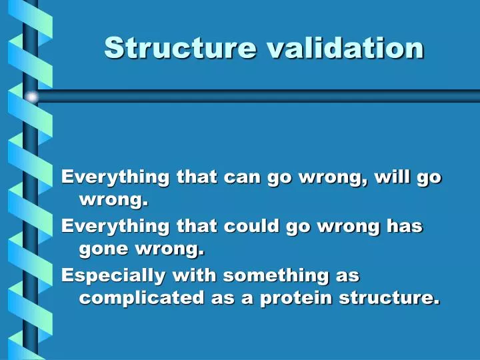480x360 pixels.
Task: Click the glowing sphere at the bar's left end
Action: (x=32, y=97)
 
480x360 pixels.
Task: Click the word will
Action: (x=393, y=177)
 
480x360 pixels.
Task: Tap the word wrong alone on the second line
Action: (x=113, y=199)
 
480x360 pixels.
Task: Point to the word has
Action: (x=405, y=226)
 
